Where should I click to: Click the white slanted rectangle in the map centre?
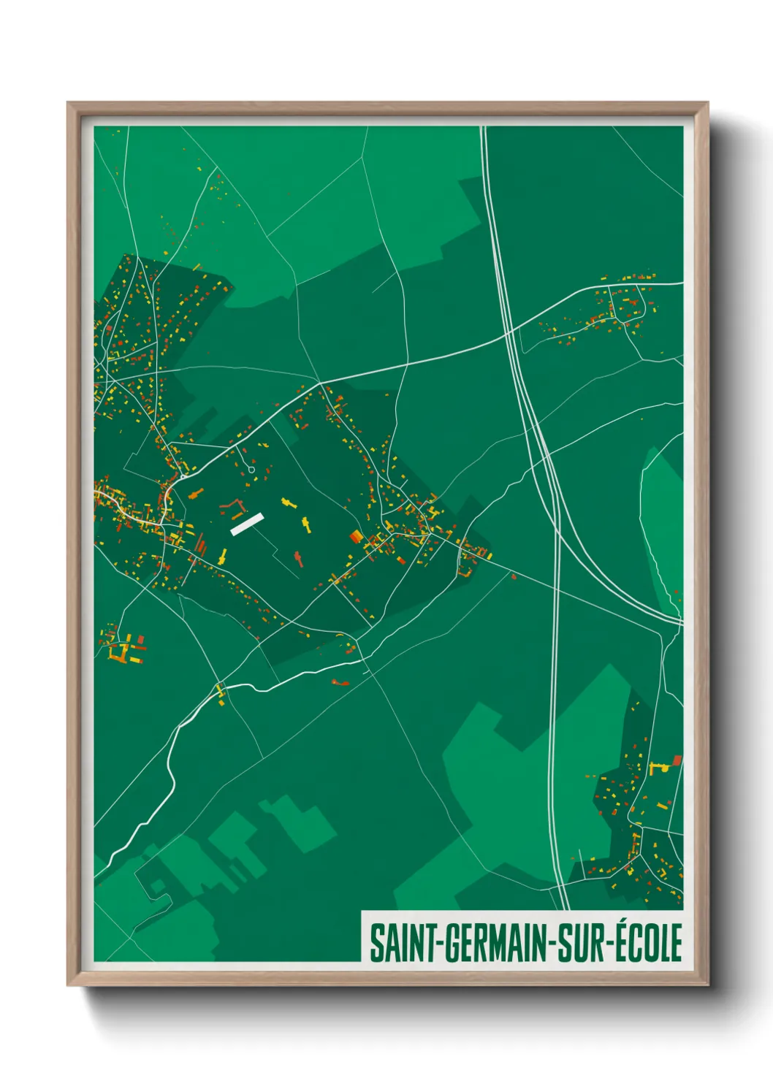click(x=247, y=524)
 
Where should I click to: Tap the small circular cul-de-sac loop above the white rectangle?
click(x=252, y=469)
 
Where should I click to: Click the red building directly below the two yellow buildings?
click(x=299, y=559)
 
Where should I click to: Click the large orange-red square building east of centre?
click(x=356, y=538)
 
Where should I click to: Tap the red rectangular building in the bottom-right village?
click(x=677, y=760)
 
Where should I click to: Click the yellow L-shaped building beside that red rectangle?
click(x=657, y=767)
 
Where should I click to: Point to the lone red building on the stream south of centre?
click(x=340, y=683)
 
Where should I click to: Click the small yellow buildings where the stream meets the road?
click(x=221, y=694)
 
